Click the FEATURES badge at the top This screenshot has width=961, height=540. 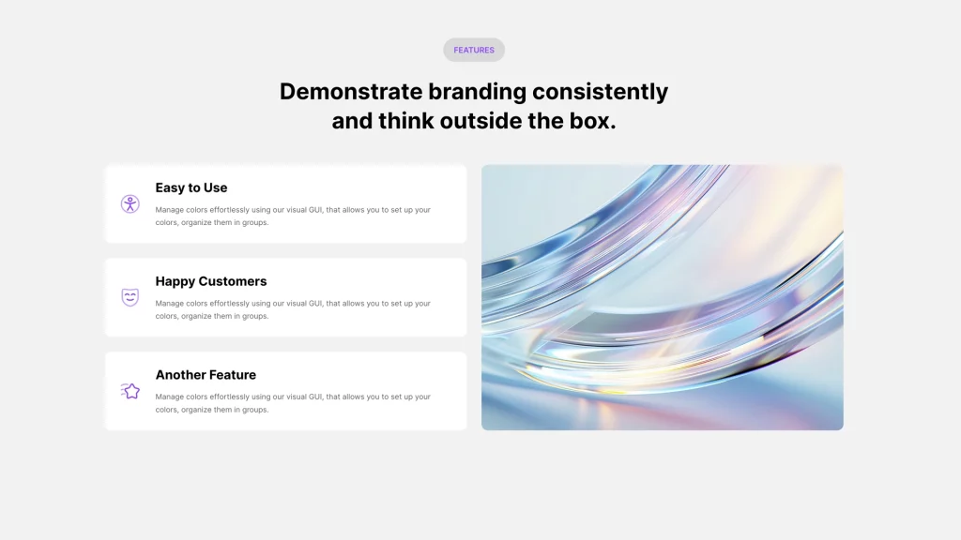click(474, 50)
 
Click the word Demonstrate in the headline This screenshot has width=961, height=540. click(351, 91)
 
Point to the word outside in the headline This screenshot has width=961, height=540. click(480, 121)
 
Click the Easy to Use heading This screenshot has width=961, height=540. click(191, 187)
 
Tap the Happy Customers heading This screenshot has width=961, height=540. click(211, 281)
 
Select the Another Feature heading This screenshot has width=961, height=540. click(206, 375)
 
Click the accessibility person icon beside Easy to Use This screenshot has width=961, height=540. click(130, 203)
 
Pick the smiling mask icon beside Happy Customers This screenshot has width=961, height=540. click(130, 297)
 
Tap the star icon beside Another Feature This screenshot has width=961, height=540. click(130, 391)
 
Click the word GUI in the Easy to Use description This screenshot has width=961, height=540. click(315, 209)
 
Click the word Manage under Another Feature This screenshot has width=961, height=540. click(169, 397)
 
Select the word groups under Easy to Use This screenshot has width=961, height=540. click(255, 223)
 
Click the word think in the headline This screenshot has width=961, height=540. click(404, 121)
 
